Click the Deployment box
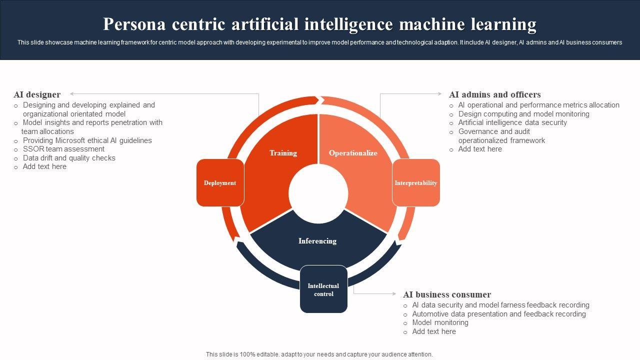(220, 183)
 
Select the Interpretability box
(416, 183)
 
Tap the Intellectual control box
(323, 289)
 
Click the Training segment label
(283, 153)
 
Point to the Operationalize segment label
(353, 153)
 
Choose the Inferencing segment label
(317, 241)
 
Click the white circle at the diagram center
(318, 194)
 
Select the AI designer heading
(37, 94)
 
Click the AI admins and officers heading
(494, 94)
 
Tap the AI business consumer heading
(447, 294)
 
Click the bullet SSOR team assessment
(63, 149)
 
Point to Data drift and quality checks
(69, 158)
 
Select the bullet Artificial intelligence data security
(512, 122)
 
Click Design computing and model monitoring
(523, 114)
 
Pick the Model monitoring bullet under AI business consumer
(440, 322)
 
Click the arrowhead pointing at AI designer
(72, 94)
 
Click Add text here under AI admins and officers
(480, 149)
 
